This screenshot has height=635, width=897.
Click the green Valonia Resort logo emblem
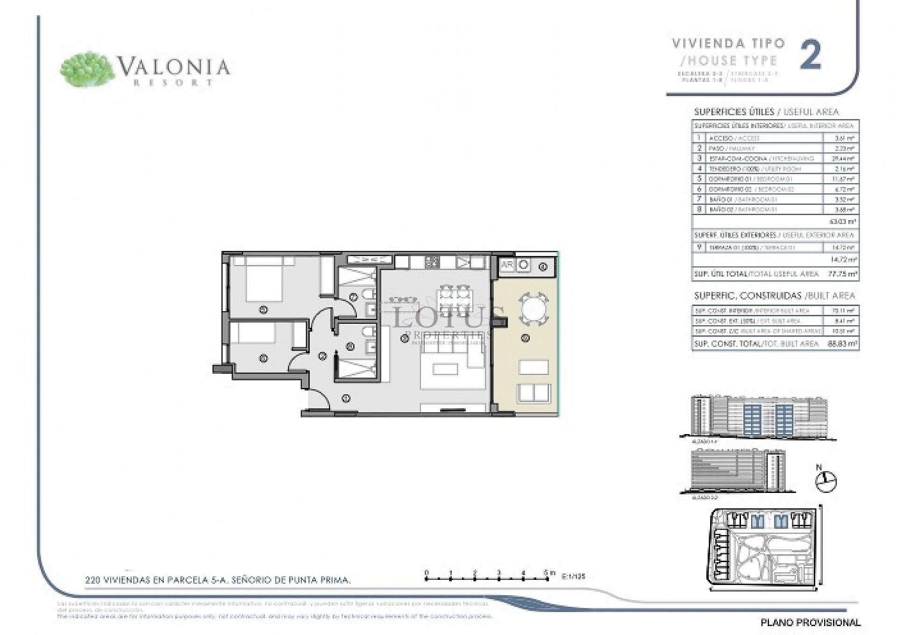pyautogui.click(x=88, y=69)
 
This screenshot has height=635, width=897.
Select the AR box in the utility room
pyautogui.click(x=506, y=265)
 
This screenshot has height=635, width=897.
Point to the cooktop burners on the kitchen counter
pyautogui.click(x=432, y=263)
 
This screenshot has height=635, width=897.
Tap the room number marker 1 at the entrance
pyautogui.click(x=346, y=399)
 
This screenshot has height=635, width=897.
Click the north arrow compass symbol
pyautogui.click(x=826, y=481)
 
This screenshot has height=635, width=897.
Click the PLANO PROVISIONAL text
pyautogui.click(x=811, y=622)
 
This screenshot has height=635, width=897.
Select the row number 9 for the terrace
pyautogui.click(x=699, y=247)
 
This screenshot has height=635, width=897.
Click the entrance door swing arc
pyautogui.click(x=318, y=401)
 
